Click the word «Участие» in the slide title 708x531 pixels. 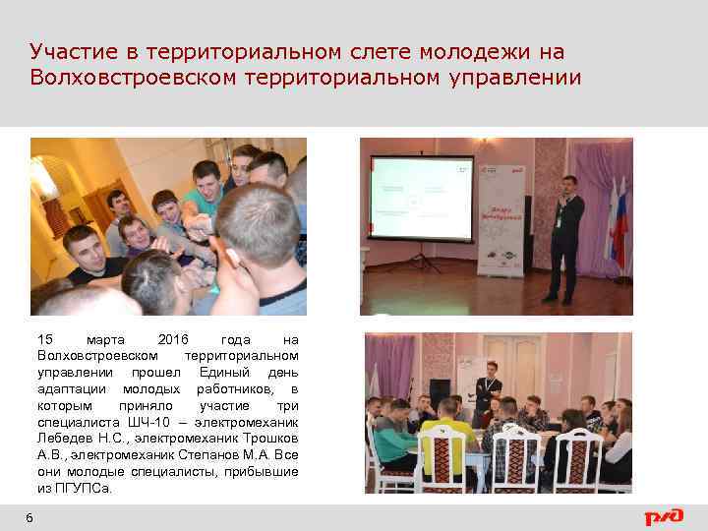(x=67, y=51)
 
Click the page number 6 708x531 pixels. (x=29, y=518)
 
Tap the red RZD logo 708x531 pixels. (x=664, y=516)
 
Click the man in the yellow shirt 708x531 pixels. (x=447, y=433)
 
